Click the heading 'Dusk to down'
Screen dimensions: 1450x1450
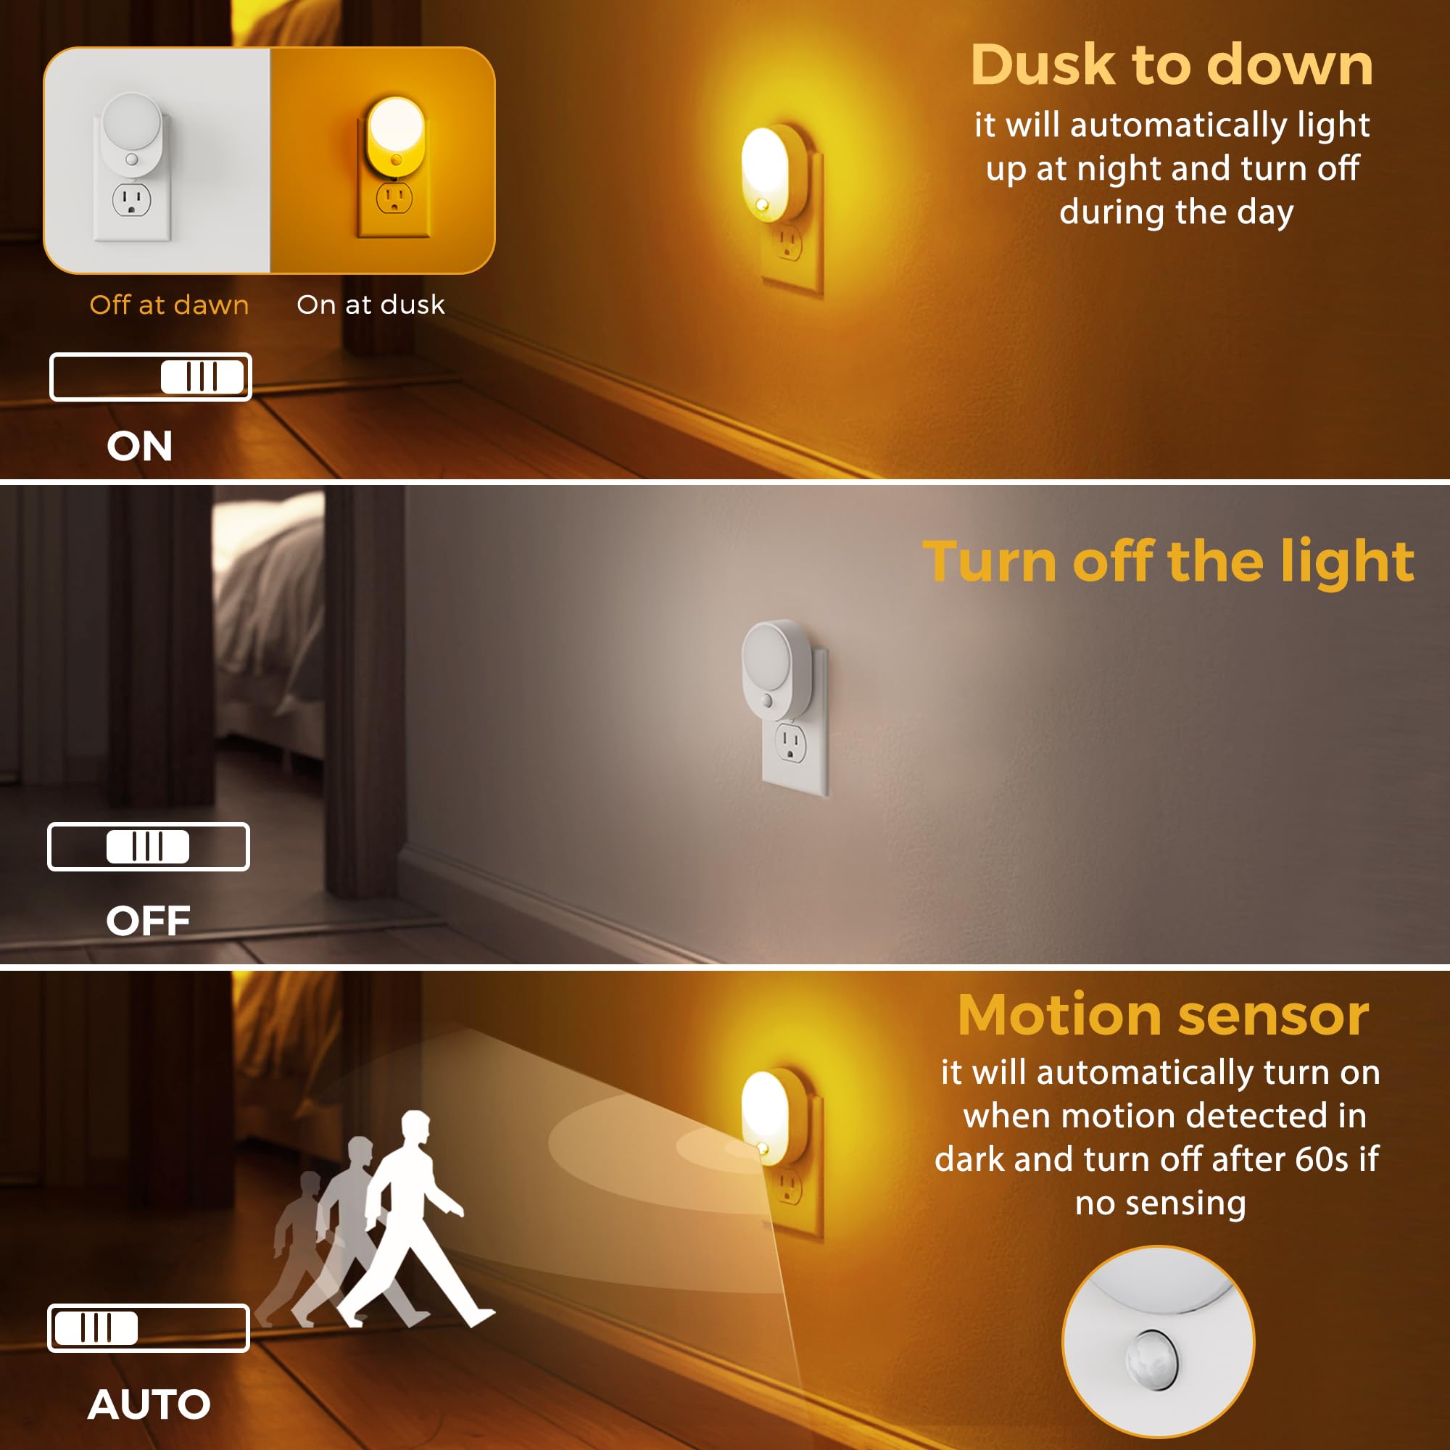[x=1172, y=65]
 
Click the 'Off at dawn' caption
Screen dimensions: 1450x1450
[x=169, y=304]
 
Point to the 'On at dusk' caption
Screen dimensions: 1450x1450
[x=370, y=304]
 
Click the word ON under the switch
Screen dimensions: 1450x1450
[x=140, y=446]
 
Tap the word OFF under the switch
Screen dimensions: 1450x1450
[x=148, y=920]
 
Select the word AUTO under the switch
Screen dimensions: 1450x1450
[x=149, y=1404]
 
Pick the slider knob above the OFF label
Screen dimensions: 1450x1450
[x=148, y=847]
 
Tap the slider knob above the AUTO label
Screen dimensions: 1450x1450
[x=97, y=1327]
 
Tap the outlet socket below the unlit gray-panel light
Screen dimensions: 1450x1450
[x=790, y=744]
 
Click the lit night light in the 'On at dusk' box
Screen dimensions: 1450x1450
[x=396, y=135]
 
